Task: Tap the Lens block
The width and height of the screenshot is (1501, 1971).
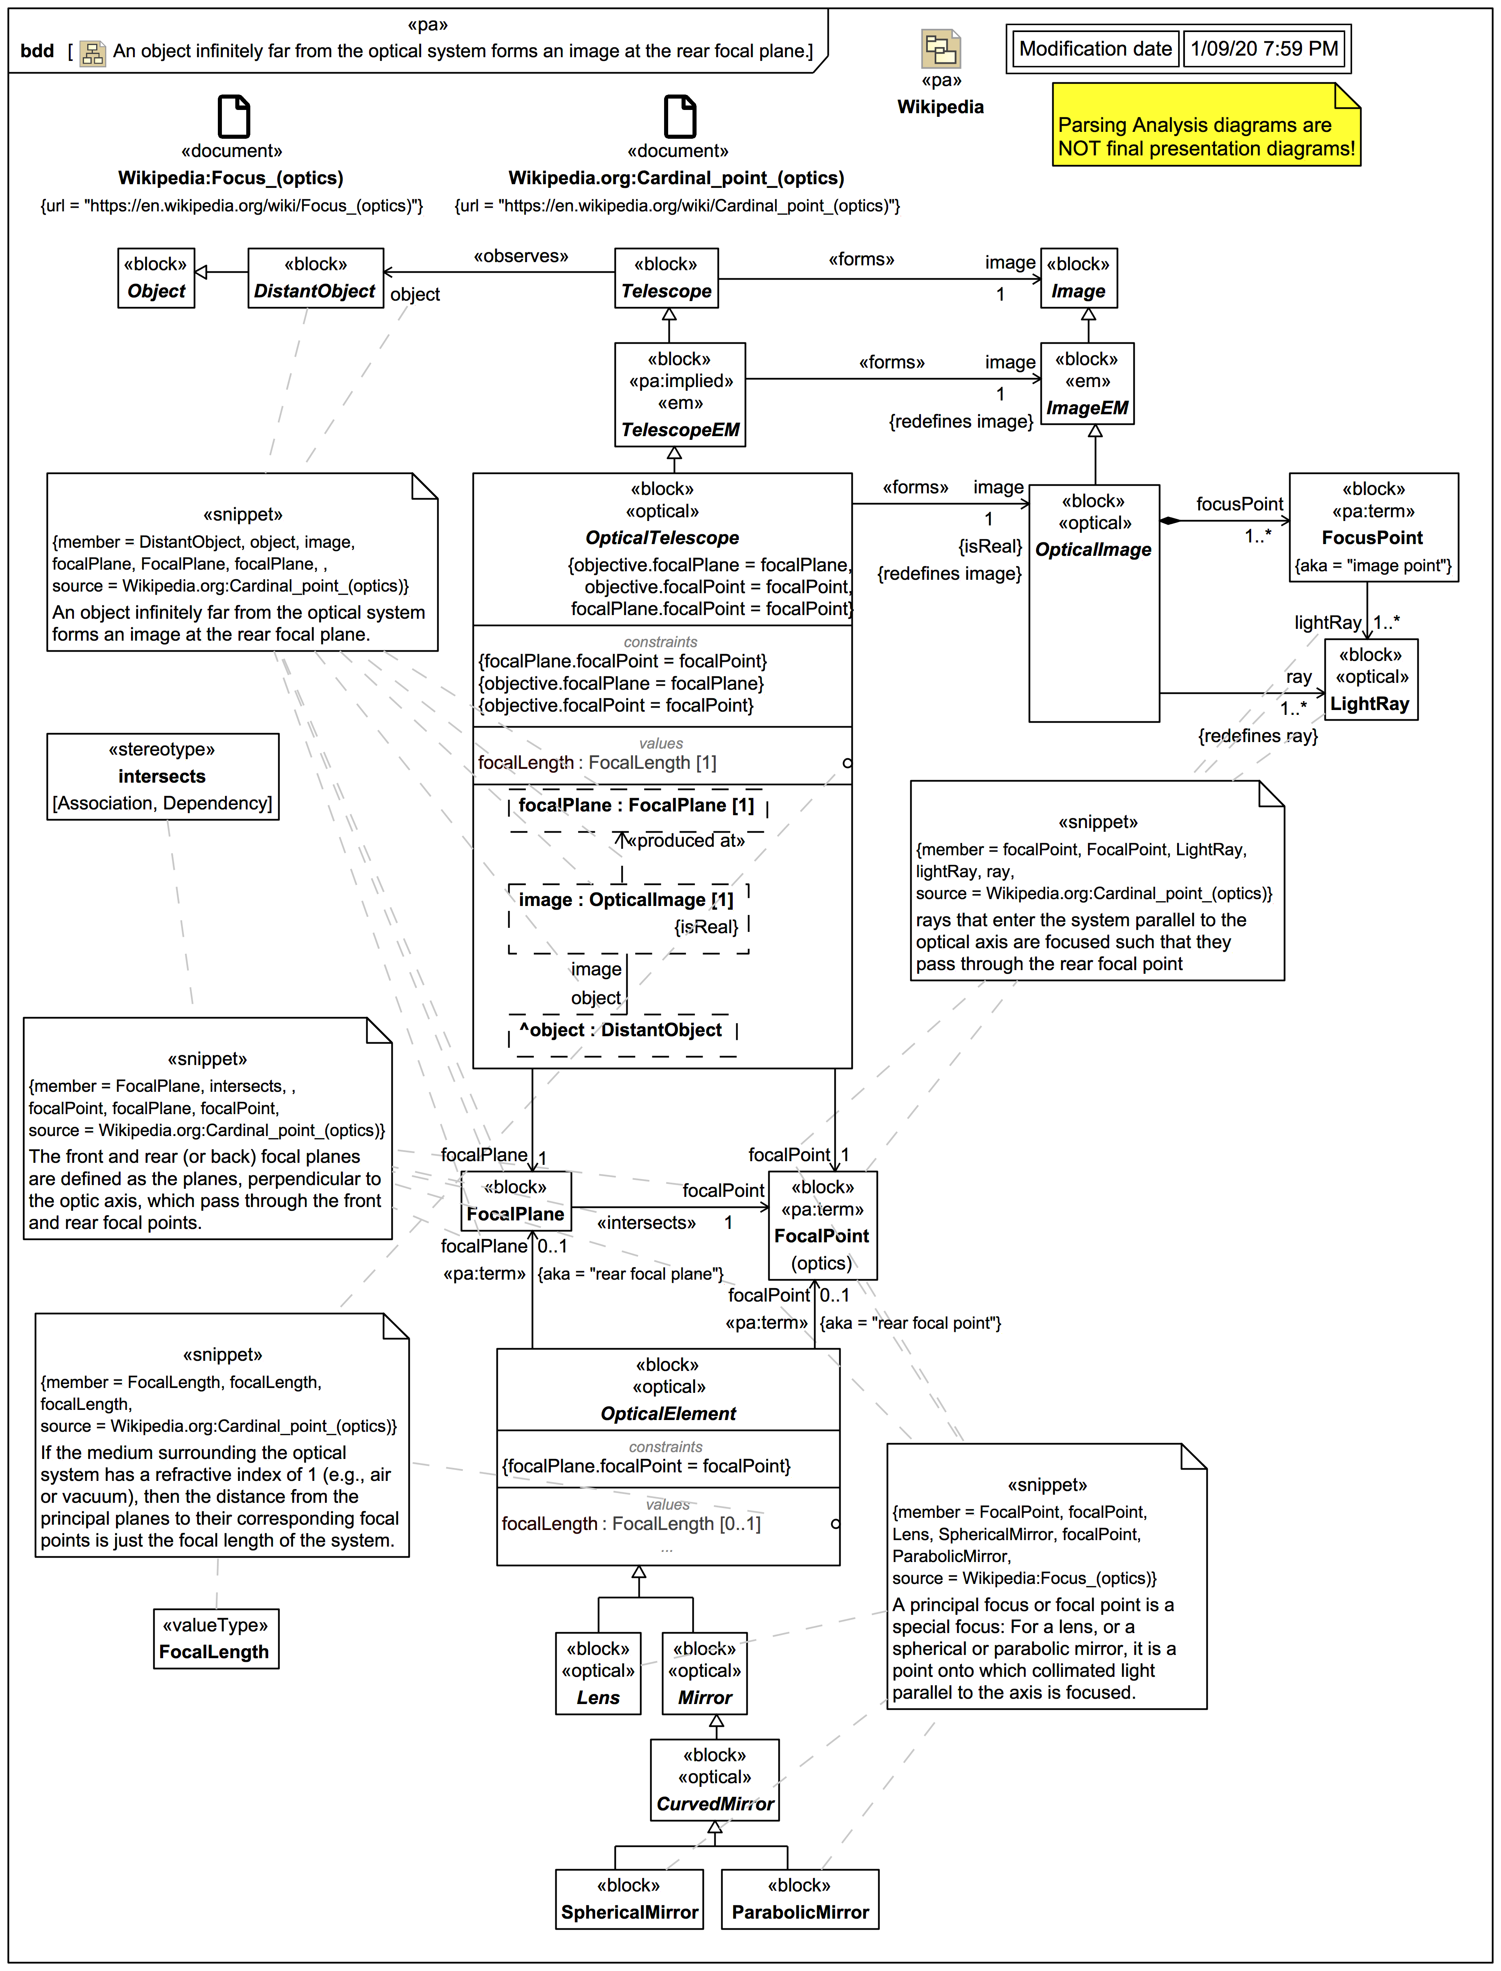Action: (598, 1672)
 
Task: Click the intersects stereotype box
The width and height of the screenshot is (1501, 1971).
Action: (163, 777)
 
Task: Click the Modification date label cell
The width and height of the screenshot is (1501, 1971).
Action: (1095, 49)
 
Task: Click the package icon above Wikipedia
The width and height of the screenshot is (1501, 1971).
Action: (941, 49)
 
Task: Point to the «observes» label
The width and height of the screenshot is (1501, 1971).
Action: (521, 256)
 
